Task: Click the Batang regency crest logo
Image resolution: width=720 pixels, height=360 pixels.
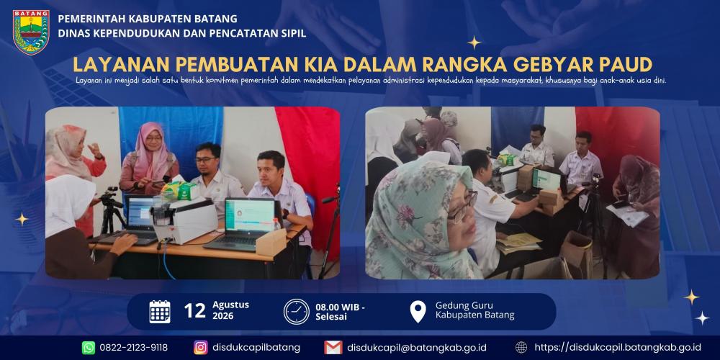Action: (31, 32)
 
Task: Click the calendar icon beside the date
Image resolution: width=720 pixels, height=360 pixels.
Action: (160, 311)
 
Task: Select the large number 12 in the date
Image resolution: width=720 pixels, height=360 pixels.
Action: (194, 311)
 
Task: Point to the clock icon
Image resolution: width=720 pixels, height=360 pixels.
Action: (296, 312)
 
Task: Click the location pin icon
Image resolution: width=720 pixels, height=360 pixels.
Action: (418, 312)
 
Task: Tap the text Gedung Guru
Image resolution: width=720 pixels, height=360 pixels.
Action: (464, 306)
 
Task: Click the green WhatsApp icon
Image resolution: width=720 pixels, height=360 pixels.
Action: (89, 347)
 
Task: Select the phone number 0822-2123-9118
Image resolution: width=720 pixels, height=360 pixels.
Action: (134, 347)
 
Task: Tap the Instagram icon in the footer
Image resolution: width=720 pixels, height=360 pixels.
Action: (201, 347)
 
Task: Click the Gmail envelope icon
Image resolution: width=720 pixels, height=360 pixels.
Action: (333, 347)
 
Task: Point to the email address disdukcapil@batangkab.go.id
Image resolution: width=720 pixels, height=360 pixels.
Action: (417, 347)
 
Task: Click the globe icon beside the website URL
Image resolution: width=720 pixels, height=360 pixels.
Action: (521, 347)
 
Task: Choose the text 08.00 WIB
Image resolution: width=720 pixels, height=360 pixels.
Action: (338, 307)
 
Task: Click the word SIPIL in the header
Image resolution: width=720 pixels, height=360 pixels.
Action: (292, 33)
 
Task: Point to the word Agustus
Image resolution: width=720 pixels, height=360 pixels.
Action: (230, 305)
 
